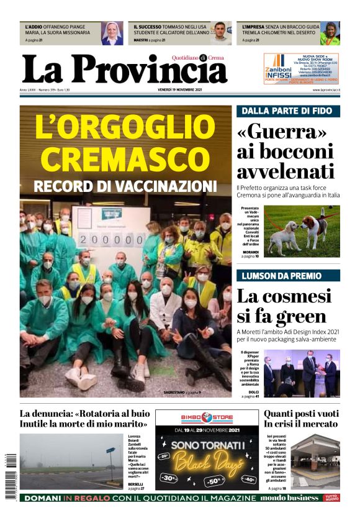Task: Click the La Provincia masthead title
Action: pos(124,70)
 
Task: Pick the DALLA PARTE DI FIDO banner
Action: pos(287,112)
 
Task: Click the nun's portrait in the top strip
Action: pos(112,33)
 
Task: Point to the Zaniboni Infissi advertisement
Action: pos(301,68)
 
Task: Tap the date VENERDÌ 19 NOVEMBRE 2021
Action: pos(180,90)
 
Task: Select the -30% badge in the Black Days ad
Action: pos(167,478)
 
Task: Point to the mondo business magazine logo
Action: pos(289,498)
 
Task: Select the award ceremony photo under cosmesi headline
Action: pos(301,373)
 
